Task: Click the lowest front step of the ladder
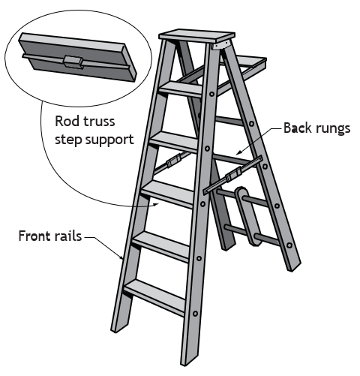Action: tap(155, 297)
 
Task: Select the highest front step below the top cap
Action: tap(181, 89)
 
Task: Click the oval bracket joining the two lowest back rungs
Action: tap(247, 215)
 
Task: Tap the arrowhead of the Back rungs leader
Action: tap(238, 152)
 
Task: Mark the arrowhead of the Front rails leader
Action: tap(121, 257)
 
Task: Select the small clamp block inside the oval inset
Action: tap(73, 62)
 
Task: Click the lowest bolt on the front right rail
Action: tap(195, 313)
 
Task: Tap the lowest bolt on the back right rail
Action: tap(289, 245)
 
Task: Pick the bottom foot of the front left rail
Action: tap(118, 326)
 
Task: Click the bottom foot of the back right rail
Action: tap(294, 266)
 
